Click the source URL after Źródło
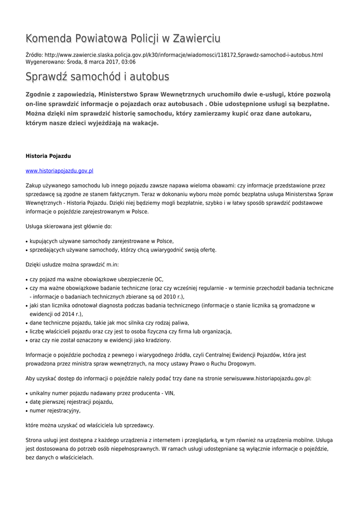[x=184, y=55]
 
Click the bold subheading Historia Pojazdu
[x=48, y=156]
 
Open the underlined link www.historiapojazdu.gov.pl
[x=60, y=171]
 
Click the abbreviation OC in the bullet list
[x=159, y=279]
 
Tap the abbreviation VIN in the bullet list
[x=169, y=393]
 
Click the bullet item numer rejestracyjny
[x=55, y=411]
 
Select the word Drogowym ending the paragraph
[x=239, y=364]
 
